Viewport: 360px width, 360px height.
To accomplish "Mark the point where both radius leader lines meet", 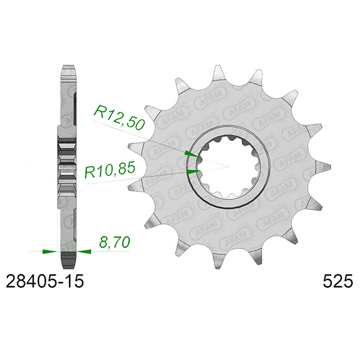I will point(227,165).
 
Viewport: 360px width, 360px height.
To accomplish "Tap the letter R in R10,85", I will point(90,173).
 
